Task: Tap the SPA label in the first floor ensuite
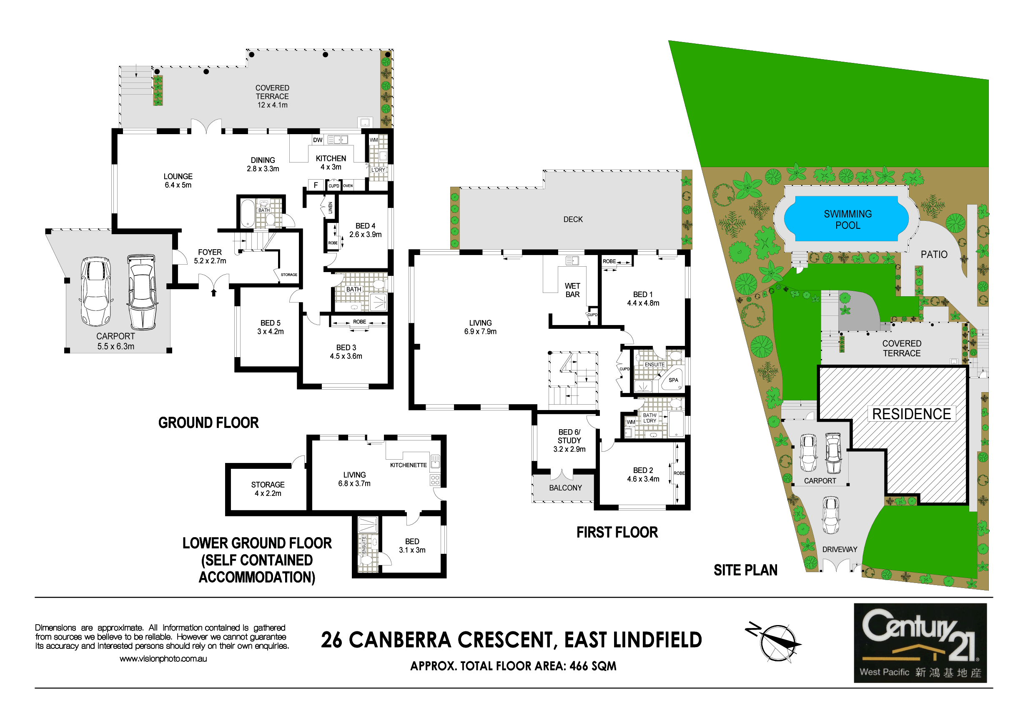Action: click(x=673, y=380)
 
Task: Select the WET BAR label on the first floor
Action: click(x=572, y=290)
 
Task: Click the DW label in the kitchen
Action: click(x=318, y=140)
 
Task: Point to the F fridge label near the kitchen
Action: click(x=316, y=185)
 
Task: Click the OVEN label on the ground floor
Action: click(x=348, y=186)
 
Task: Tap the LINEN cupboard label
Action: click(x=331, y=208)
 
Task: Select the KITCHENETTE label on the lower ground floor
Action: click(x=409, y=465)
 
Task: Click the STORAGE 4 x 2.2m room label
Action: click(x=268, y=489)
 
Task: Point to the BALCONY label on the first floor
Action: click(x=566, y=488)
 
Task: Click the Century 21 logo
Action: click(x=920, y=643)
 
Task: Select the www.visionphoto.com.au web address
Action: click(x=163, y=659)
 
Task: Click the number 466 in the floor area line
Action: click(x=579, y=667)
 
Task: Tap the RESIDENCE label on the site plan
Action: click(x=912, y=414)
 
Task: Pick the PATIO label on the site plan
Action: click(x=934, y=254)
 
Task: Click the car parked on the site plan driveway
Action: click(x=830, y=515)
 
